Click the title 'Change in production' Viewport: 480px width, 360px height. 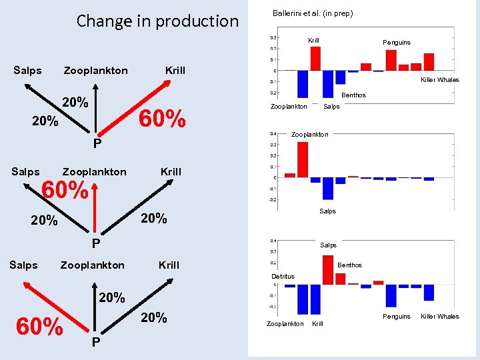(x=157, y=21)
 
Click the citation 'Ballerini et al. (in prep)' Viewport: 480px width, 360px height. (x=313, y=13)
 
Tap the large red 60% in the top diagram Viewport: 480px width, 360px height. (x=161, y=119)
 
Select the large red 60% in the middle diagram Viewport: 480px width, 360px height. (x=65, y=191)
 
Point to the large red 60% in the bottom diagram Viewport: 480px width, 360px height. (x=40, y=327)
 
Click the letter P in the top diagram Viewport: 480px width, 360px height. (x=97, y=143)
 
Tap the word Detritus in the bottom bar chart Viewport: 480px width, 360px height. (x=283, y=276)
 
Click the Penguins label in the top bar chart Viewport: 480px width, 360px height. (x=397, y=43)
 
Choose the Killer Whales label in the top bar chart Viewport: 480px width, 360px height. (x=439, y=80)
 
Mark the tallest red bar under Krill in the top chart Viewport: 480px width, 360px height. (x=315, y=58)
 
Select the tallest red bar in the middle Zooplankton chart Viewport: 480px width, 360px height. (x=303, y=159)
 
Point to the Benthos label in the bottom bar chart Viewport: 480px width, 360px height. (x=349, y=265)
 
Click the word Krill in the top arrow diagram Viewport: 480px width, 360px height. (x=175, y=71)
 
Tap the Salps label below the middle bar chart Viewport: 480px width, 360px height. (x=327, y=211)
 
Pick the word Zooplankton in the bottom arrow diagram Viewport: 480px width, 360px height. (x=92, y=265)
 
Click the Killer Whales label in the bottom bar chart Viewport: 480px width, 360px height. (x=439, y=317)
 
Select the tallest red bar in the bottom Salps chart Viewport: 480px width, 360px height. (x=328, y=269)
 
